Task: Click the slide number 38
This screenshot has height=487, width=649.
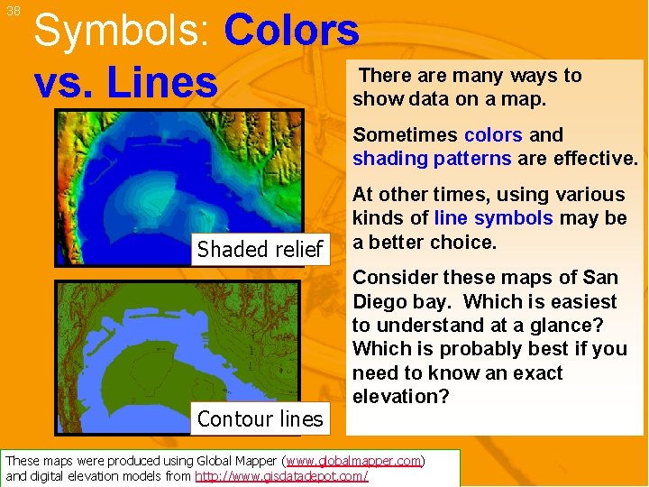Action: pyautogui.click(x=13, y=12)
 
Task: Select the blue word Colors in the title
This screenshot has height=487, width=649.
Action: pyautogui.click(x=291, y=31)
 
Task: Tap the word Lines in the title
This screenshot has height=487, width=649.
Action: pyautogui.click(x=162, y=82)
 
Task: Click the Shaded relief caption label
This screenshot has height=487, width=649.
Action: pyautogui.click(x=260, y=250)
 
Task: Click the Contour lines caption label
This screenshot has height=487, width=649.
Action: pyautogui.click(x=260, y=418)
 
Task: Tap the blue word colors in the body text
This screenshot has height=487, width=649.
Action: pyautogui.click(x=493, y=135)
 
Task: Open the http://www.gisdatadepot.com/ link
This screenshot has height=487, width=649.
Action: pyautogui.click(x=281, y=476)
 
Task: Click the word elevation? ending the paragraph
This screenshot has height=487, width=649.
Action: pyautogui.click(x=396, y=396)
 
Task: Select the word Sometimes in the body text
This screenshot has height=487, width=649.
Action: pyautogui.click(x=405, y=135)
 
